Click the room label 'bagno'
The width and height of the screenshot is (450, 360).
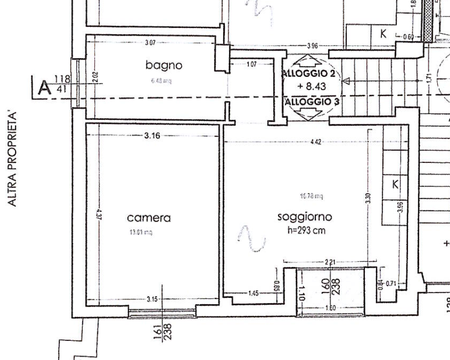(x=164, y=65)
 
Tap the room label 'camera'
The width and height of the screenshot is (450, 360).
(x=149, y=218)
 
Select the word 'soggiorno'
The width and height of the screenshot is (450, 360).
(x=305, y=216)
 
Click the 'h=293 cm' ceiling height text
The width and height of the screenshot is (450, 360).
(x=307, y=230)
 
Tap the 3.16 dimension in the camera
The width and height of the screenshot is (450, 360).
(x=152, y=135)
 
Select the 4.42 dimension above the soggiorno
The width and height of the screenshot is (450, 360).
(x=316, y=142)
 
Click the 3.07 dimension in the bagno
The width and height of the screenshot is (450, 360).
(x=150, y=43)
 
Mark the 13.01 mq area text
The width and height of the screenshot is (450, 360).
(x=141, y=233)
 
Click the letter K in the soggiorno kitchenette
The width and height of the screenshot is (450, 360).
(x=395, y=185)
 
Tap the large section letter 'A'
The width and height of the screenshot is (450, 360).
(x=45, y=89)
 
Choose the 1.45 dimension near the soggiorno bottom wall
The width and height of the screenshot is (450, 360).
(x=254, y=293)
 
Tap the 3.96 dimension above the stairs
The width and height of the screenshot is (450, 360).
(x=312, y=46)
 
